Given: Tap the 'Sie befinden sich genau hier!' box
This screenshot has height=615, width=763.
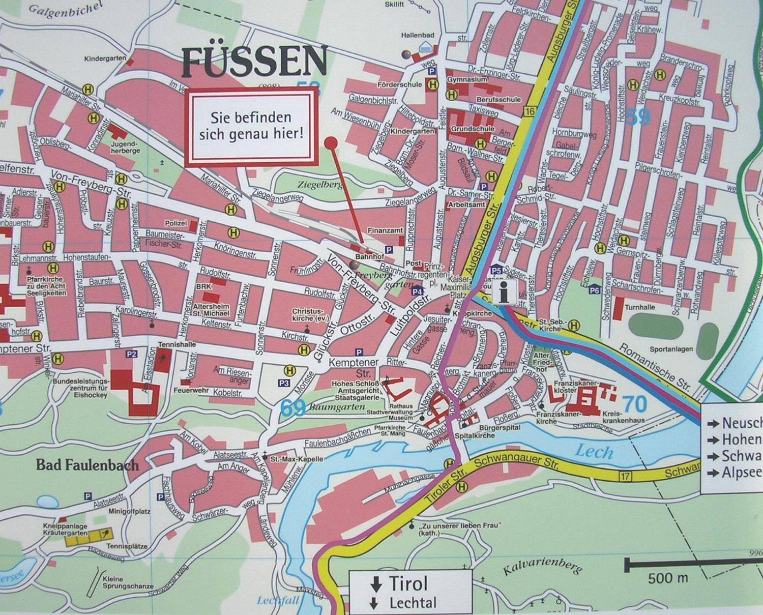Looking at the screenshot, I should coord(251,126).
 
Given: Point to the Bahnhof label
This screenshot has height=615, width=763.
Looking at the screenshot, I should coord(369,257).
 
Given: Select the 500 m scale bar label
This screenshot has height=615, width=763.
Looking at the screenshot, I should coord(667,578).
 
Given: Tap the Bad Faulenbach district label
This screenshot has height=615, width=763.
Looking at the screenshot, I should coord(87,465).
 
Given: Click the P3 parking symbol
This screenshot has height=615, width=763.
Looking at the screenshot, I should coord(284,383).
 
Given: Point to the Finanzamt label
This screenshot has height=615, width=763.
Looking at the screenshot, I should coord(385,230).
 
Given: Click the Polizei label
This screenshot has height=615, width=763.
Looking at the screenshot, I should coord(176,223).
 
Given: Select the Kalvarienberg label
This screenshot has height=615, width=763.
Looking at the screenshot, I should coord(542,565).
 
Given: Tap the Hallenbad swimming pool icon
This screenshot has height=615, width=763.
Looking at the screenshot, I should coord(424,48).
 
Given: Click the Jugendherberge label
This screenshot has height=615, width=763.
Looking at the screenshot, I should coord(125,148).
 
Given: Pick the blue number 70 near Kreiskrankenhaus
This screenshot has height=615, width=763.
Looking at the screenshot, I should coord(635,404).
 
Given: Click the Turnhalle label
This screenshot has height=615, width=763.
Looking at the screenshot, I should coord(640,307).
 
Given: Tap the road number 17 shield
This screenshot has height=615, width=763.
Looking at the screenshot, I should coord(625,476).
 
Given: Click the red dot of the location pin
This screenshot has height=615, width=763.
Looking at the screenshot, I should coord(331,142).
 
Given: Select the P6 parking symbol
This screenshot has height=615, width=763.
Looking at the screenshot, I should coord(594,290).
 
